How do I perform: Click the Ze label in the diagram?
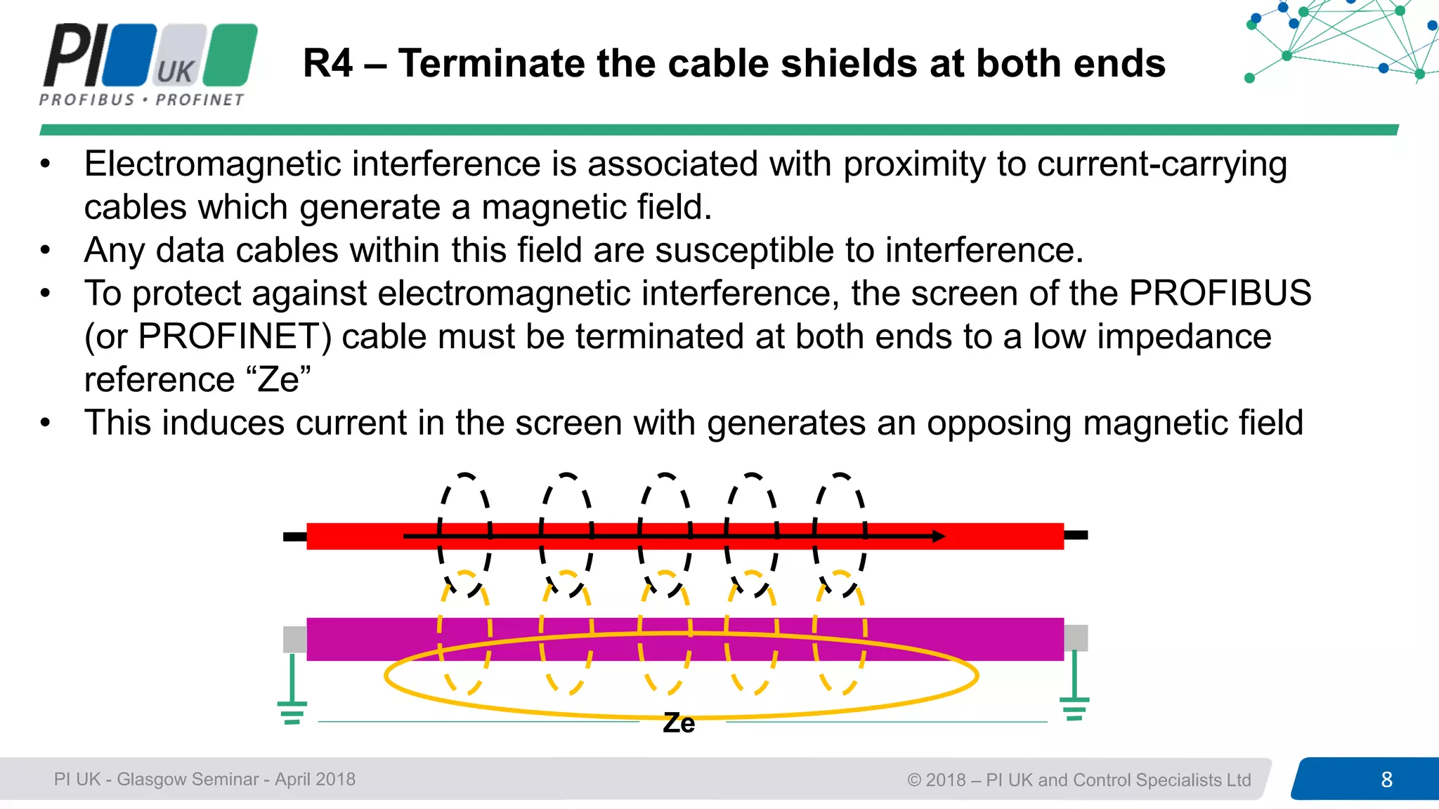click(x=679, y=723)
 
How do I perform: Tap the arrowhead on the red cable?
click(x=939, y=537)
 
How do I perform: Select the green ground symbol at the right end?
click(x=1074, y=706)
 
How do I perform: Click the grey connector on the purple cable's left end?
click(x=294, y=639)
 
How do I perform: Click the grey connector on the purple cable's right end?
click(x=1076, y=638)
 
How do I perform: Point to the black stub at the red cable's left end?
click(x=294, y=537)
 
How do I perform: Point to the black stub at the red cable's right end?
click(x=1076, y=535)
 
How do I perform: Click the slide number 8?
click(x=1386, y=780)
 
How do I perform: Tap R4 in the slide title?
click(x=327, y=63)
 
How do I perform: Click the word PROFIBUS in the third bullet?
click(x=1220, y=293)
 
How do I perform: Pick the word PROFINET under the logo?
click(x=200, y=100)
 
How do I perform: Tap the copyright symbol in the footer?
click(x=914, y=780)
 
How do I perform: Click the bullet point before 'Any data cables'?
click(x=46, y=250)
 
